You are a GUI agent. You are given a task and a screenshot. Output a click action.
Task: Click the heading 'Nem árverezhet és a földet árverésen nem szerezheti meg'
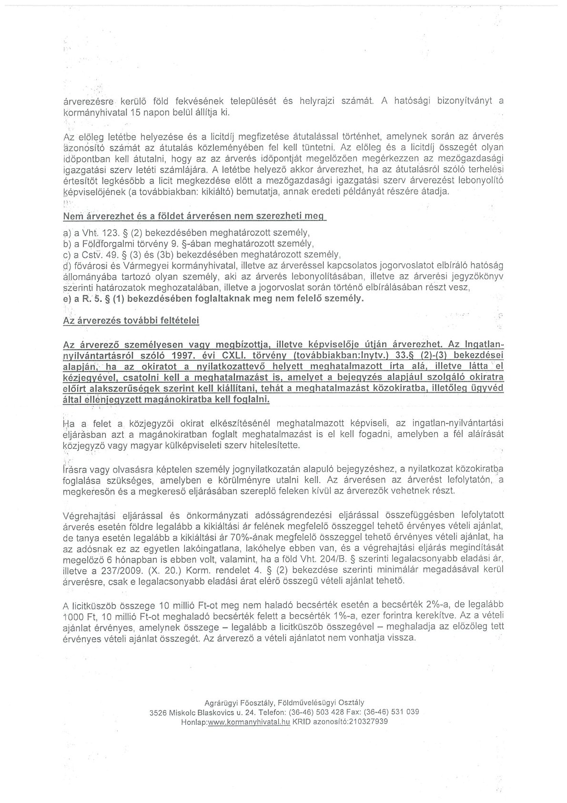pos(193,216)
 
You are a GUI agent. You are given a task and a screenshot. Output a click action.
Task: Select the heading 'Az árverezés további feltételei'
pos(131,321)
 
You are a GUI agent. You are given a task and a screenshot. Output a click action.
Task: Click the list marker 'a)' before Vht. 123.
pos(67,234)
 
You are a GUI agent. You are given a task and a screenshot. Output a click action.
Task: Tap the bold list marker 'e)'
pos(67,299)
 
